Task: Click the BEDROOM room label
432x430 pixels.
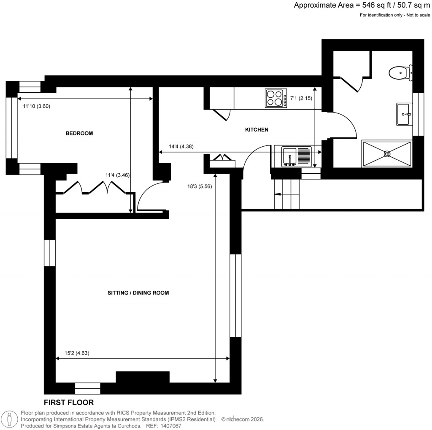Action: (x=79, y=133)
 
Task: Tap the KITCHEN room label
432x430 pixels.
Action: (x=256, y=129)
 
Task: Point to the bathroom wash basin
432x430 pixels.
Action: (x=404, y=114)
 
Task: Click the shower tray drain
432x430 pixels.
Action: (x=387, y=154)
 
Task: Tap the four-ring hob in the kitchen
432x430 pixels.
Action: (x=274, y=98)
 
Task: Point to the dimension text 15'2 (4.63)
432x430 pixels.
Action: (x=77, y=353)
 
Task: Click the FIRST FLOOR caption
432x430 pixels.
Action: (x=69, y=403)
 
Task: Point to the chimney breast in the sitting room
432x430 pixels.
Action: (x=143, y=377)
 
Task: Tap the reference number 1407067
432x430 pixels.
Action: (x=169, y=426)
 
